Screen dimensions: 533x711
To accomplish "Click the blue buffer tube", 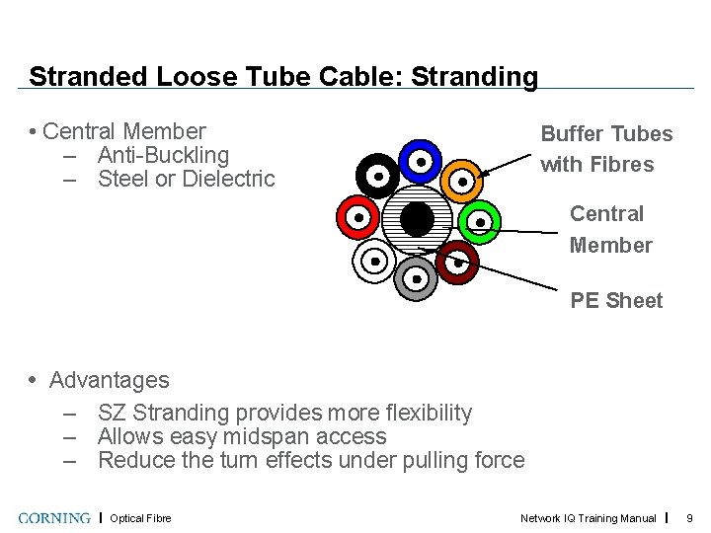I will (x=420, y=161).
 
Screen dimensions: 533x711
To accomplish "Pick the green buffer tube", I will (x=480, y=222).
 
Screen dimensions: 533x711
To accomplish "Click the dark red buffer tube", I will (x=457, y=263).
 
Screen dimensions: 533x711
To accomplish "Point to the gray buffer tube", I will (x=416, y=279).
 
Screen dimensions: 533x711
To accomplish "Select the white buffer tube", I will (x=374, y=262).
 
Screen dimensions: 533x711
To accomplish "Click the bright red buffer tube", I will (x=357, y=217).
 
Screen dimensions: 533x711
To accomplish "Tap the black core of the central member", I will (x=418, y=219).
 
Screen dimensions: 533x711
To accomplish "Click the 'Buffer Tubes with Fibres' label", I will (x=605, y=149).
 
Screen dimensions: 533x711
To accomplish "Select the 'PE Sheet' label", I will (x=616, y=301).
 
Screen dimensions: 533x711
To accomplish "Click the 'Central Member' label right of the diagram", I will (x=609, y=229).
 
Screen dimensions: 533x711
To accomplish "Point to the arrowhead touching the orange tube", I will (x=483, y=173).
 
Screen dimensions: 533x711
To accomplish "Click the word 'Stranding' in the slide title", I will (x=475, y=76).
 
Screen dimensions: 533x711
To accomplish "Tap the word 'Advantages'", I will (x=109, y=380).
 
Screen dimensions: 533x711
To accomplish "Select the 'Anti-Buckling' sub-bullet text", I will (x=163, y=155).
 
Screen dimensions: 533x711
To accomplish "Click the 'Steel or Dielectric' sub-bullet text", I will (x=186, y=179).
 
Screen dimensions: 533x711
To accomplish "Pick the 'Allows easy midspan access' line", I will (x=242, y=436).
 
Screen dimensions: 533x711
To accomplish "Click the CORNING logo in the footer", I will (x=54, y=518).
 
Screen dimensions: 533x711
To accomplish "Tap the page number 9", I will (x=690, y=518).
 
